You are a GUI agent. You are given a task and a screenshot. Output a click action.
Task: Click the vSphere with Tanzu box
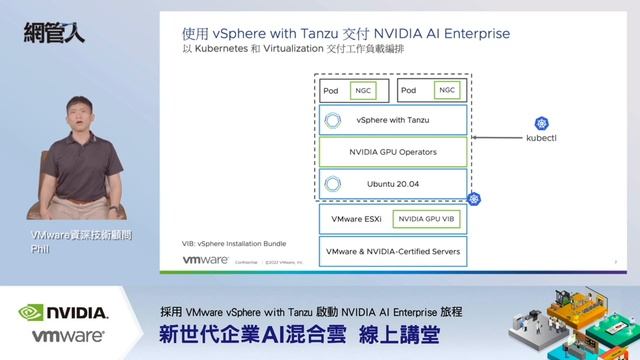pyautogui.click(x=392, y=120)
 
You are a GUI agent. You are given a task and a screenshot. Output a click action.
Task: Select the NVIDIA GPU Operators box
pyautogui.click(x=392, y=152)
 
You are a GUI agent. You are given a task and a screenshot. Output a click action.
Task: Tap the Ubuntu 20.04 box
pyautogui.click(x=392, y=184)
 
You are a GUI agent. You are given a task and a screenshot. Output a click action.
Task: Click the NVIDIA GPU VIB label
pyautogui.click(x=426, y=219)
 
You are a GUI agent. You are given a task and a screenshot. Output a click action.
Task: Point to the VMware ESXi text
pyautogui.click(x=353, y=219)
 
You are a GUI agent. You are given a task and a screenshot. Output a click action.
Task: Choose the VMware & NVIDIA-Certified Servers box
pyautogui.click(x=392, y=251)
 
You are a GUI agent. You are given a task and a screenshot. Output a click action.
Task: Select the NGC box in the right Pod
pyautogui.click(x=446, y=90)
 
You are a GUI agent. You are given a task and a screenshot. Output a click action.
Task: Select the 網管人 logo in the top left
pyautogui.click(x=53, y=32)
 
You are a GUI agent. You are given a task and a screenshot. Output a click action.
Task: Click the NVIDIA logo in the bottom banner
pyautogui.click(x=64, y=312)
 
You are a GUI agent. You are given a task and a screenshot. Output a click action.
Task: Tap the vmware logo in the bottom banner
pyautogui.click(x=68, y=337)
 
